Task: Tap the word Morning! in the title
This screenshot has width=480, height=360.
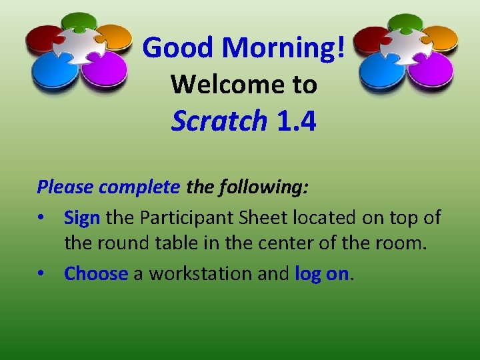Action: [284, 48]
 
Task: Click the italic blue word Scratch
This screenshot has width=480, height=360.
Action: [219, 121]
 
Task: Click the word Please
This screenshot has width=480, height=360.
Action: [65, 187]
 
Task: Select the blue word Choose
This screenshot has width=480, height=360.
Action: [95, 273]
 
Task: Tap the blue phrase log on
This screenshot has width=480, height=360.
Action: [321, 273]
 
